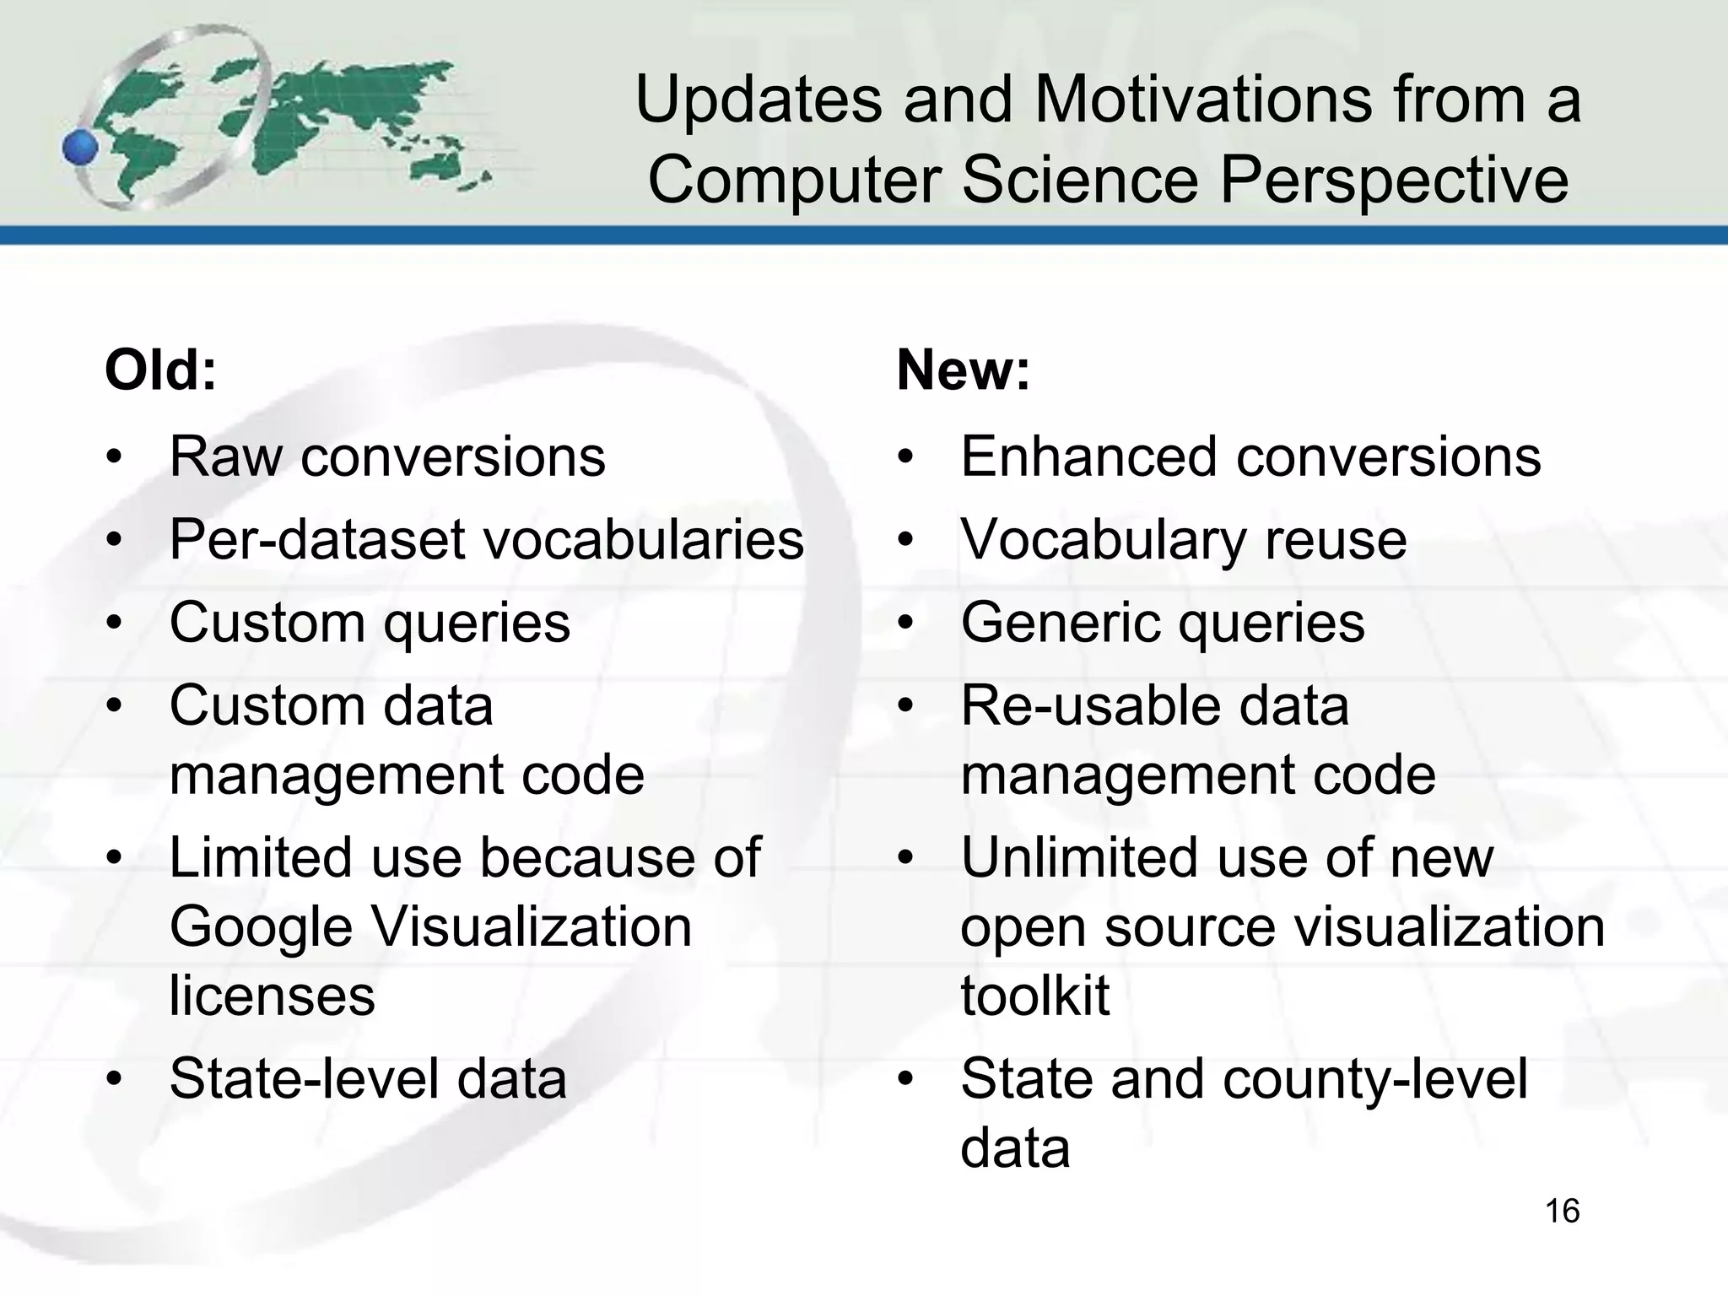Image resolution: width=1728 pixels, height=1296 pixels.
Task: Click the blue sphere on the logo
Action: click(81, 148)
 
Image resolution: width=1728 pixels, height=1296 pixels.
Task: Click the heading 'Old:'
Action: click(160, 370)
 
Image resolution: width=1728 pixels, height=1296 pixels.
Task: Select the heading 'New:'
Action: click(963, 370)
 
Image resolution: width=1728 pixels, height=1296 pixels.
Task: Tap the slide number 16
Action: click(1562, 1212)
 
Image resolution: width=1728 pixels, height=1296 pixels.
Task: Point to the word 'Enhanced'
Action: click(1088, 456)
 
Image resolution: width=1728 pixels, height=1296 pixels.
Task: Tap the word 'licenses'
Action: click(272, 996)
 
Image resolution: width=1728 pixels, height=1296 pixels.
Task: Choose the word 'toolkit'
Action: click(1034, 996)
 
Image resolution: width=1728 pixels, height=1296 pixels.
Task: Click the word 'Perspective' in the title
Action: click(1394, 181)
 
